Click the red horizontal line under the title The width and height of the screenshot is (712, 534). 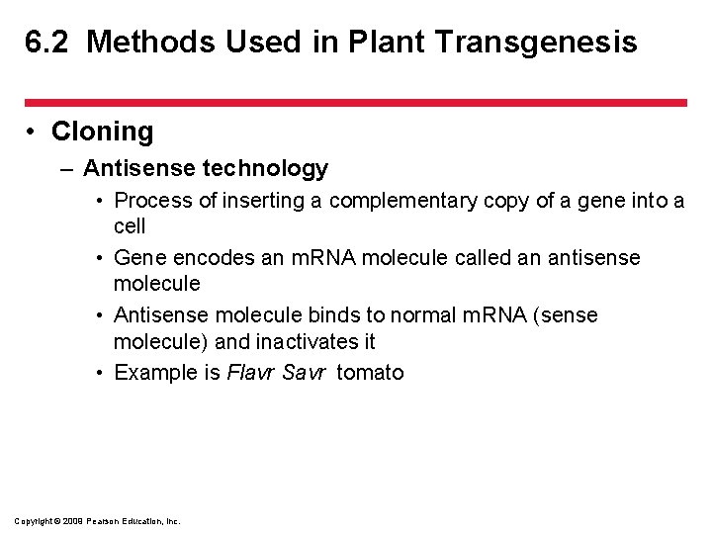[356, 102]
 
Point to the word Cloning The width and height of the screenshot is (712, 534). [102, 132]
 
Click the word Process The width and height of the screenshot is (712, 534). [152, 201]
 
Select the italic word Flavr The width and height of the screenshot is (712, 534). [251, 373]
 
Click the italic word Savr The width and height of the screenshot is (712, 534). [304, 373]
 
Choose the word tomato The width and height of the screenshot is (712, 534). [370, 373]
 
